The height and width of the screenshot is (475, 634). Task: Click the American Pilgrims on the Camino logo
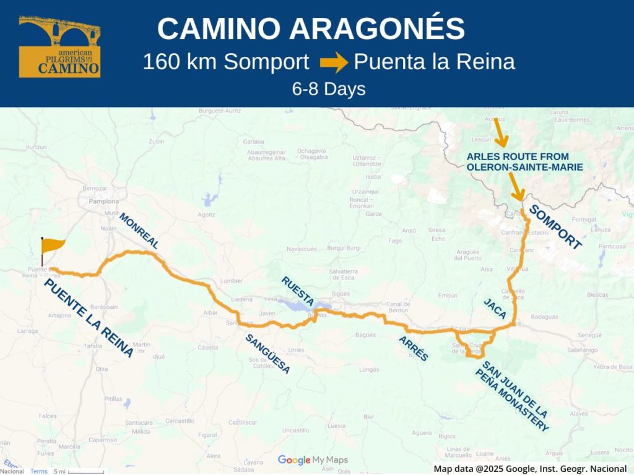59,46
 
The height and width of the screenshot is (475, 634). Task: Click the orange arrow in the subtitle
334,62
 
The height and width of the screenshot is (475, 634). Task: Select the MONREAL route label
139,231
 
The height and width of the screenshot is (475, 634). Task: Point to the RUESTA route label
297,291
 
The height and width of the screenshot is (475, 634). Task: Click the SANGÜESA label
267,354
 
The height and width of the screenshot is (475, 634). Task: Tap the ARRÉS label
414,348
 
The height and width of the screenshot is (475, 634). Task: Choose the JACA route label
495,307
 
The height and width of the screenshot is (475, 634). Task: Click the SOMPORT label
556,228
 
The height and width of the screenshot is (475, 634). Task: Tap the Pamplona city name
103,202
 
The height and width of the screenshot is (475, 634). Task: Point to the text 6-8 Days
329,88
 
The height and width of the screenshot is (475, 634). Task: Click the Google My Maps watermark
313,460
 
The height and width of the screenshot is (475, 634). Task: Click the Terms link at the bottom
39,471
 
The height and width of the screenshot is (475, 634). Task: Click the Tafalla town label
93,346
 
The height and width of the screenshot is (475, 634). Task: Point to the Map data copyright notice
531,469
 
